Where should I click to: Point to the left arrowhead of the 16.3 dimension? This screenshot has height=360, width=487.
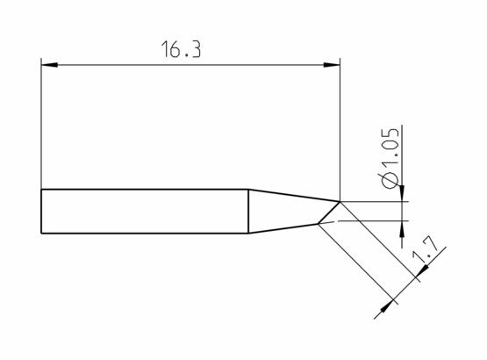tap(50, 65)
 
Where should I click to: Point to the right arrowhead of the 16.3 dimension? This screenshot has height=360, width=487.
tap(332, 65)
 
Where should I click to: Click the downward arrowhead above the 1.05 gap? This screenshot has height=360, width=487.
tap(402, 195)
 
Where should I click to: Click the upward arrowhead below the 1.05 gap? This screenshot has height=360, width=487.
tap(402, 227)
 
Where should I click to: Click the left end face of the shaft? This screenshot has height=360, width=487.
tap(42, 212)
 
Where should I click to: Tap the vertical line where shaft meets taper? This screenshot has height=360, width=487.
tap(249, 212)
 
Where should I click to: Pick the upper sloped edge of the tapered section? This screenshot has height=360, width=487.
tap(294, 196)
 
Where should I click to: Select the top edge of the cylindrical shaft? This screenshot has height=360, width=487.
tap(145, 191)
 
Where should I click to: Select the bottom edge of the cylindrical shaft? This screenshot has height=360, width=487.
tap(145, 234)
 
